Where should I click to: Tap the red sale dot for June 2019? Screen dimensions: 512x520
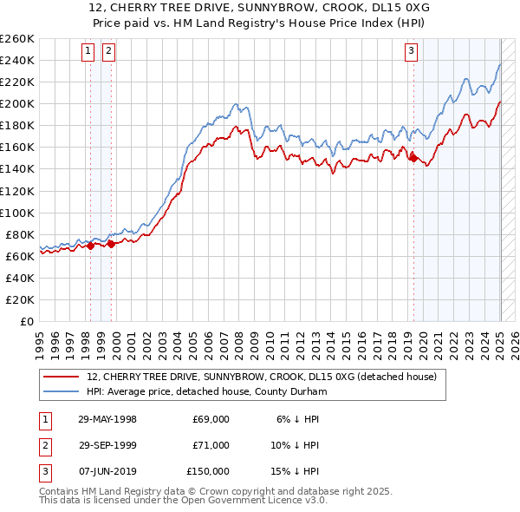pyautogui.click(x=413, y=158)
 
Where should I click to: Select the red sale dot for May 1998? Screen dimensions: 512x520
pyautogui.click(x=90, y=246)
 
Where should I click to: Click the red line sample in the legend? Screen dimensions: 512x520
pyautogui.click(x=62, y=377)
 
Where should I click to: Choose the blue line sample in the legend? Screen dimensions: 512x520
pyautogui.click(x=62, y=391)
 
